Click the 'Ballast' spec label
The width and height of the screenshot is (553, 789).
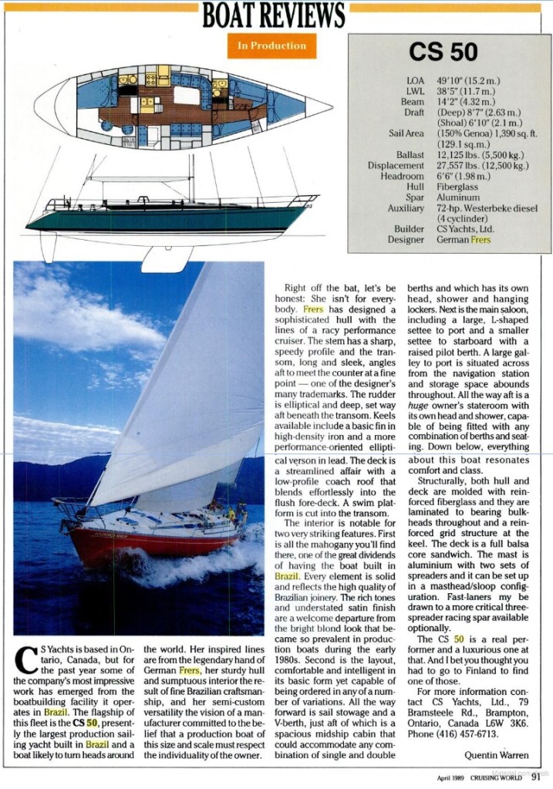coord(410,154)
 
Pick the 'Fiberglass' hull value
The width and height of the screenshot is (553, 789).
coord(457,187)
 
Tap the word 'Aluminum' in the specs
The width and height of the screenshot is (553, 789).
coord(457,197)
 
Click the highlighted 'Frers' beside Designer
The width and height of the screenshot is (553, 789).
coord(480,240)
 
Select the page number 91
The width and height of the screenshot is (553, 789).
coord(535,777)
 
